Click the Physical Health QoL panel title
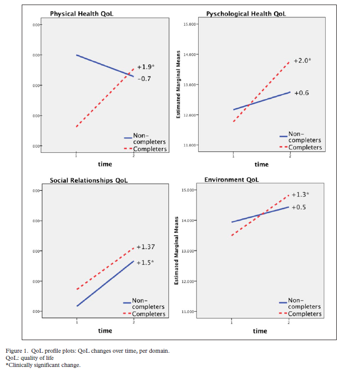click(x=81, y=13)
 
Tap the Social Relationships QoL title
click(x=88, y=180)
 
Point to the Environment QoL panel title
click(x=232, y=180)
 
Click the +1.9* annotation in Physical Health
click(x=146, y=67)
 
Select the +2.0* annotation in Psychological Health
click(x=302, y=61)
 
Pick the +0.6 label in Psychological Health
click(x=301, y=93)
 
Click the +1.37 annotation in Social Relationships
click(x=146, y=247)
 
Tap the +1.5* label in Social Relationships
click(x=145, y=262)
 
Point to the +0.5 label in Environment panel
click(x=299, y=207)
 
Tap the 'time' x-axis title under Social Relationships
click(x=105, y=331)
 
